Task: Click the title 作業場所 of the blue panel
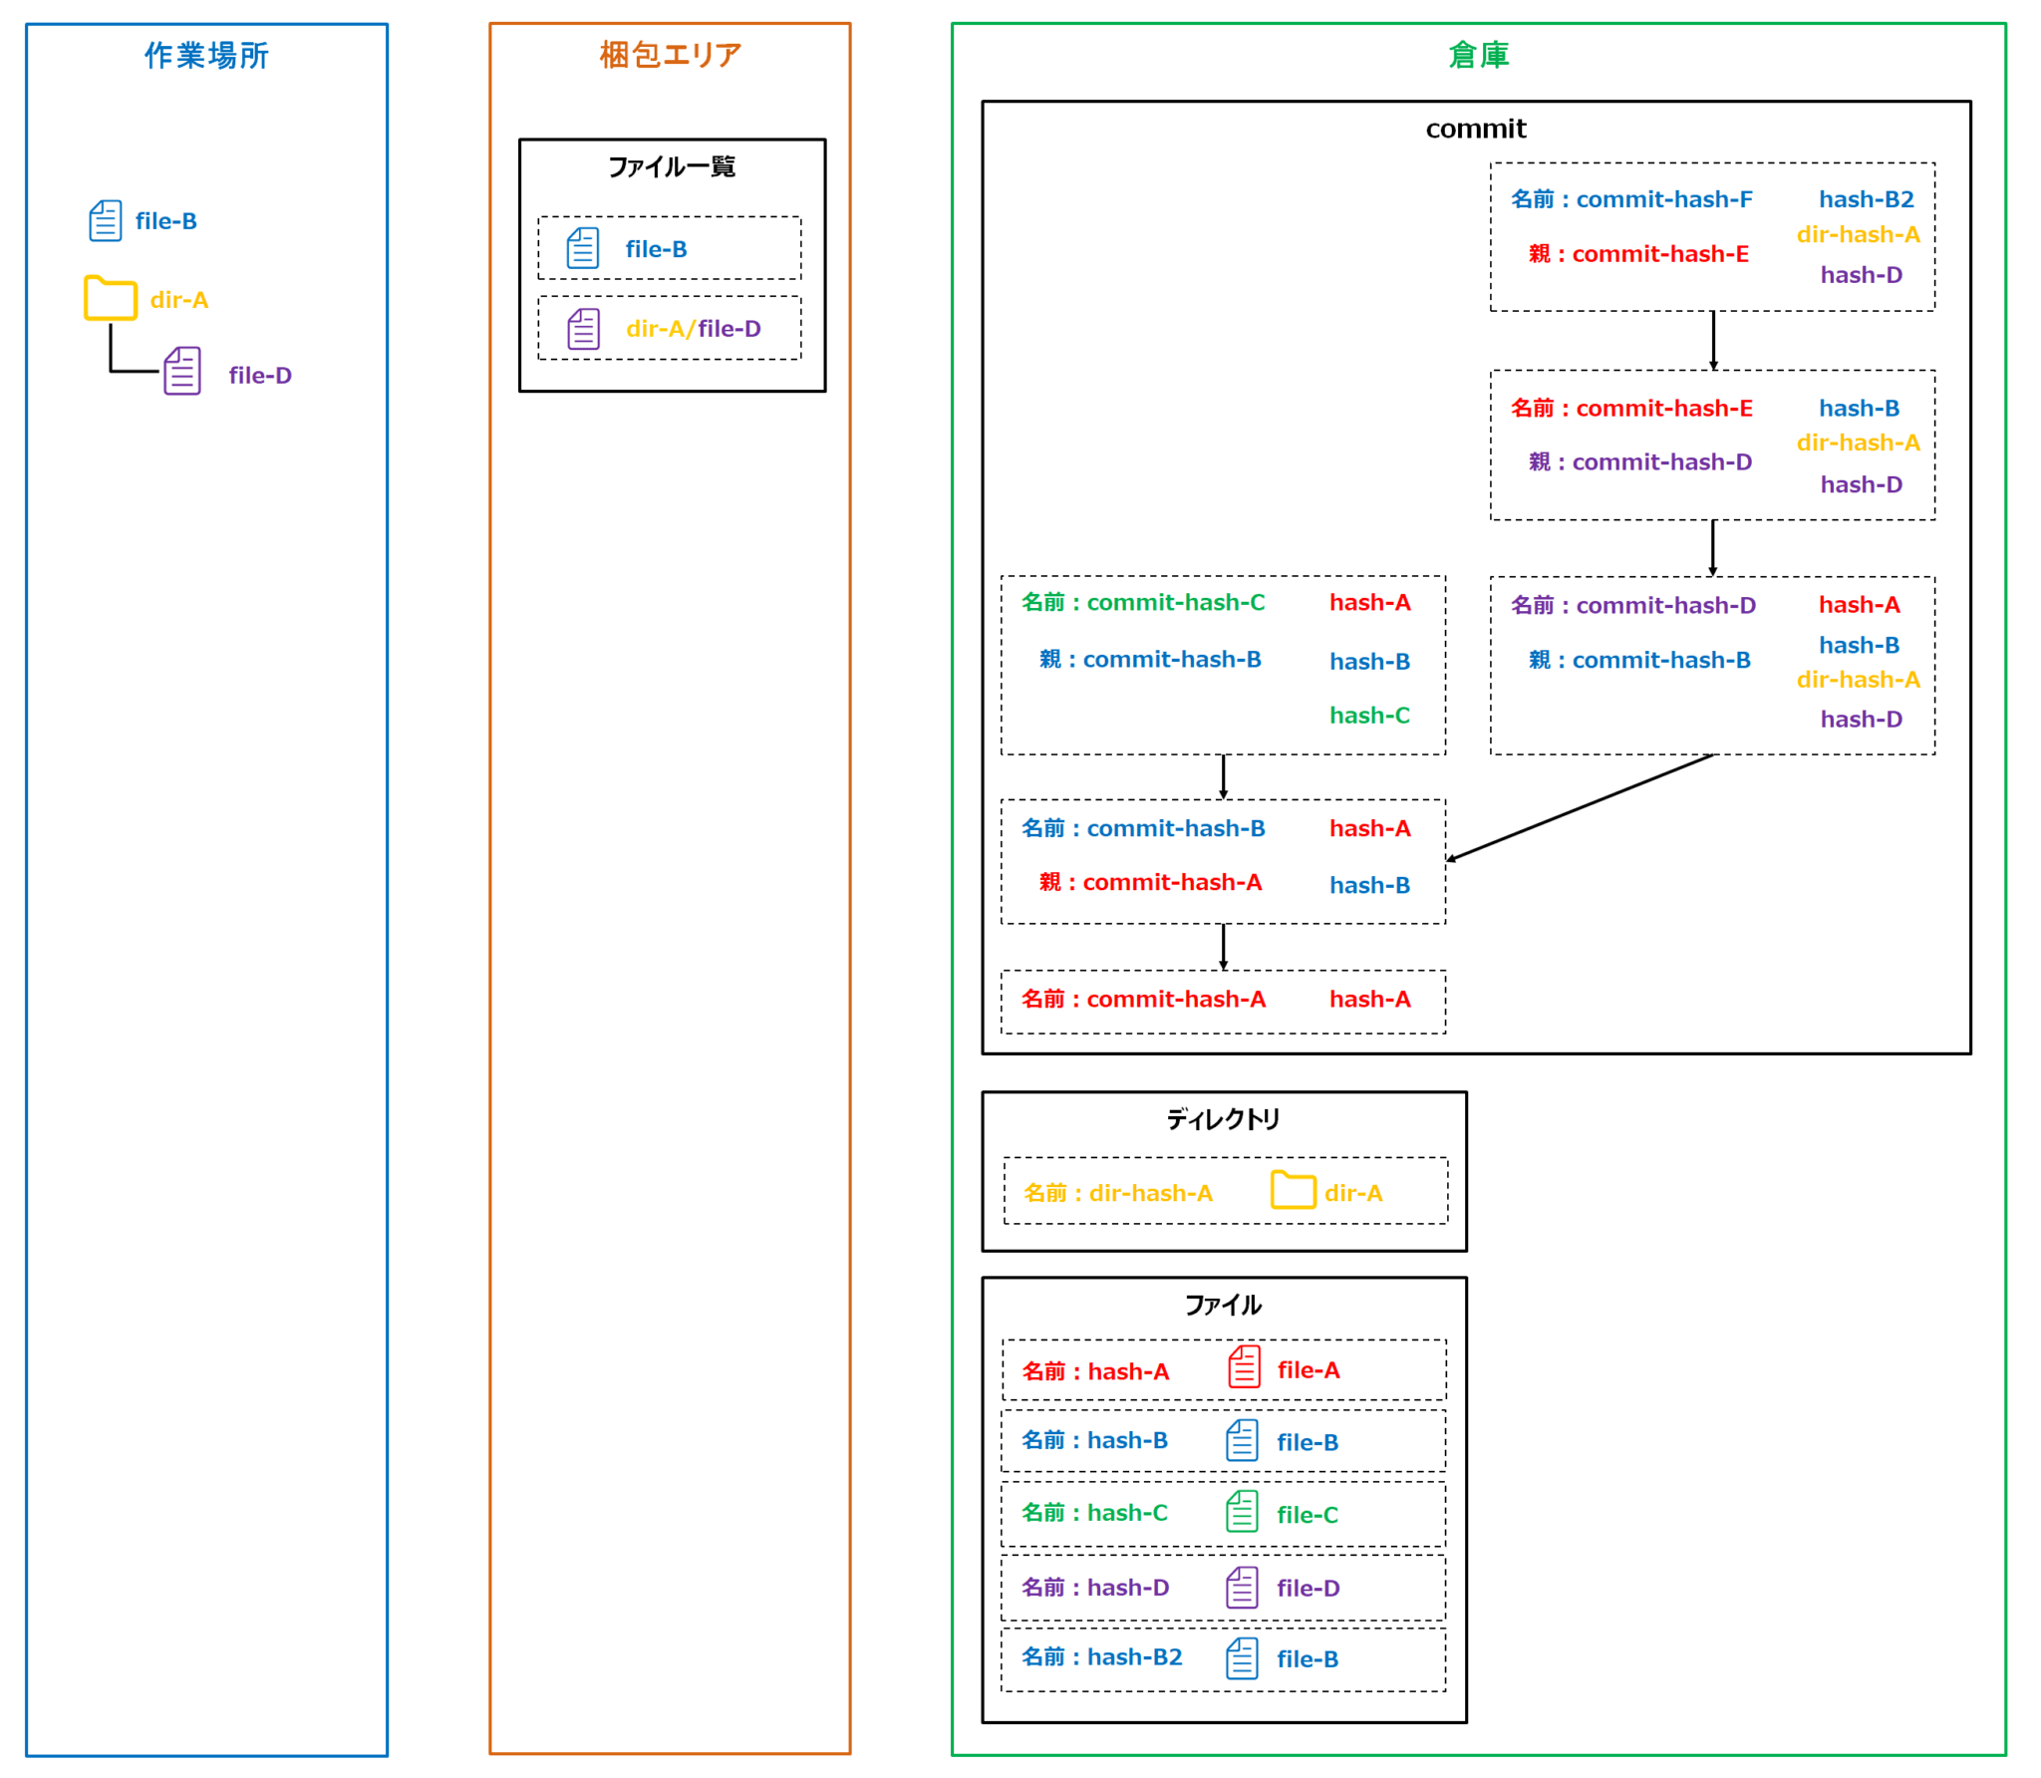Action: point(206,55)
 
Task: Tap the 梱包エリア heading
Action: point(670,55)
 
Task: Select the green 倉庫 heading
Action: point(1478,55)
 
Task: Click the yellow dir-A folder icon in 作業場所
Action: point(110,298)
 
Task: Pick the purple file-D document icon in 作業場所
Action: point(182,371)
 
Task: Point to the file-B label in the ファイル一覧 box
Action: point(656,249)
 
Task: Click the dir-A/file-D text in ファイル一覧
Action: point(693,329)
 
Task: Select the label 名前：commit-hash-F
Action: point(1630,199)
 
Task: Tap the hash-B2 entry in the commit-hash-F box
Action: point(1866,199)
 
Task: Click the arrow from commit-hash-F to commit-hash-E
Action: point(1712,340)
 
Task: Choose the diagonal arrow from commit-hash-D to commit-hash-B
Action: point(1580,807)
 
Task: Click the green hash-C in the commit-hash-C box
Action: point(1369,716)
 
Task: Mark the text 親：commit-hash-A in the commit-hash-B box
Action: point(1150,882)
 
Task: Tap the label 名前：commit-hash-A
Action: point(1143,999)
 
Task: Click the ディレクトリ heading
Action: point(1223,1119)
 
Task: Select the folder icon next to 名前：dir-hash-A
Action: point(1293,1190)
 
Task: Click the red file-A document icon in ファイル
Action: point(1244,1366)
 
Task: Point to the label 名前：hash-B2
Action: point(1101,1656)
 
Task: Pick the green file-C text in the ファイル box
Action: point(1307,1515)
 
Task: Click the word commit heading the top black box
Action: point(1475,129)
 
